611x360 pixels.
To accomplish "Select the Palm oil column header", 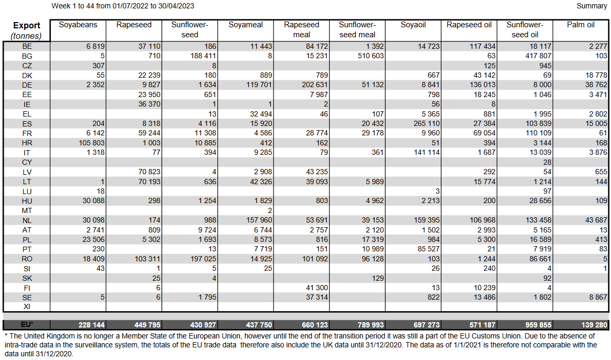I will click(x=580, y=25).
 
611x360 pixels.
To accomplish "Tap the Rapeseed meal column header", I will click(x=301, y=29).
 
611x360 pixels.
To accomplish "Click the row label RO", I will click(x=27, y=259).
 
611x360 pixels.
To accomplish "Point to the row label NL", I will click(x=27, y=220).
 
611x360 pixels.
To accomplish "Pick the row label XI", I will click(x=27, y=307).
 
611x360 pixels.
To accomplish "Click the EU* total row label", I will click(x=27, y=325).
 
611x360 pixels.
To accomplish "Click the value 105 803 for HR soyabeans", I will click(x=91, y=143).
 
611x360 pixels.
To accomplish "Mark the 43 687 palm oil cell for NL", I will click(x=594, y=220).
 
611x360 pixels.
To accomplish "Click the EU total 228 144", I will click(x=91, y=325).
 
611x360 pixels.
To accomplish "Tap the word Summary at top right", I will click(x=592, y=6).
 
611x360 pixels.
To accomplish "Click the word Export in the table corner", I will click(x=27, y=25).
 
